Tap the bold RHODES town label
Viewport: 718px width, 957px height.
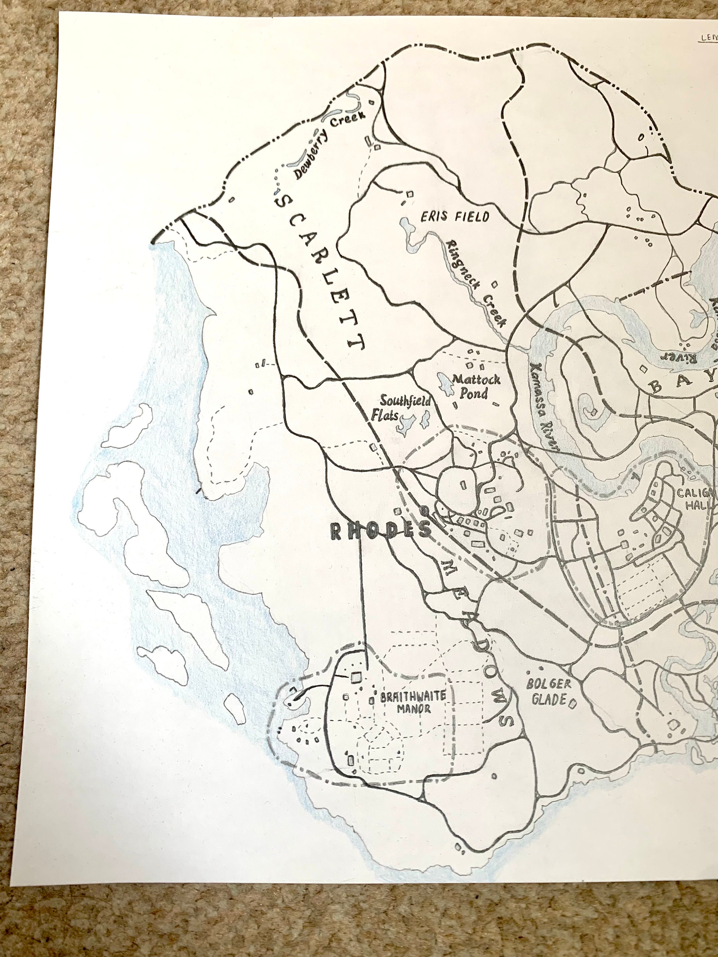pos(381,530)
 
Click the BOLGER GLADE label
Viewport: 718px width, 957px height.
pos(548,691)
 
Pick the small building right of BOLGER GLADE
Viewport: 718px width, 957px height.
pos(572,704)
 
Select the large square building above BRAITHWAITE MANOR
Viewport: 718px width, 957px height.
pos(356,678)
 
